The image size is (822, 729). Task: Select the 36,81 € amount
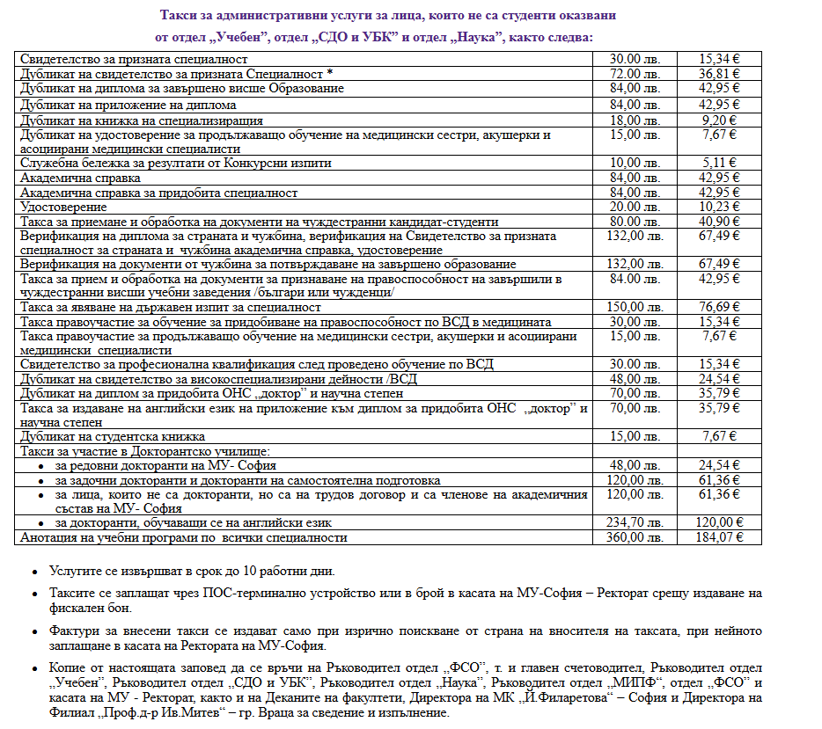point(719,74)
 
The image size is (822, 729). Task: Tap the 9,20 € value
point(719,120)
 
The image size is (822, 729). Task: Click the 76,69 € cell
point(719,307)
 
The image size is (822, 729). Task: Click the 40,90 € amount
point(719,222)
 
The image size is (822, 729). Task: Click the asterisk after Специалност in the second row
point(330,74)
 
